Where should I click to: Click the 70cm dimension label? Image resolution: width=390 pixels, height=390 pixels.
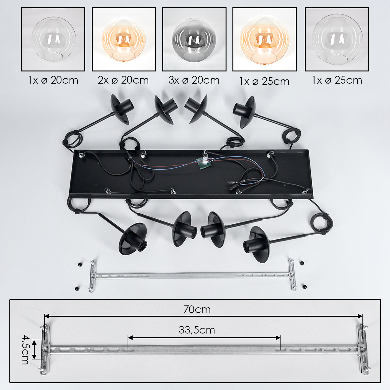tap(197, 310)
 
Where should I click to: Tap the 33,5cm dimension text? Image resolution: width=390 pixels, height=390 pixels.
tap(197, 330)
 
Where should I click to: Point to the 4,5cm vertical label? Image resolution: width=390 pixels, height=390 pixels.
tap(25, 350)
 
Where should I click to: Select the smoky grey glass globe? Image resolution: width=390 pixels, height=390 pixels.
tap(194, 39)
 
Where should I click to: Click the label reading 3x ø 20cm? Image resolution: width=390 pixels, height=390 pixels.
tap(194, 80)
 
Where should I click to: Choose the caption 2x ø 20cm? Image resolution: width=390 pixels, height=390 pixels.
tap(123, 80)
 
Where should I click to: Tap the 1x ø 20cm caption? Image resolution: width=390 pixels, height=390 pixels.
tap(53, 80)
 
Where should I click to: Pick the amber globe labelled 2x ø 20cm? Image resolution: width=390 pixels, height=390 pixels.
tap(124, 40)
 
